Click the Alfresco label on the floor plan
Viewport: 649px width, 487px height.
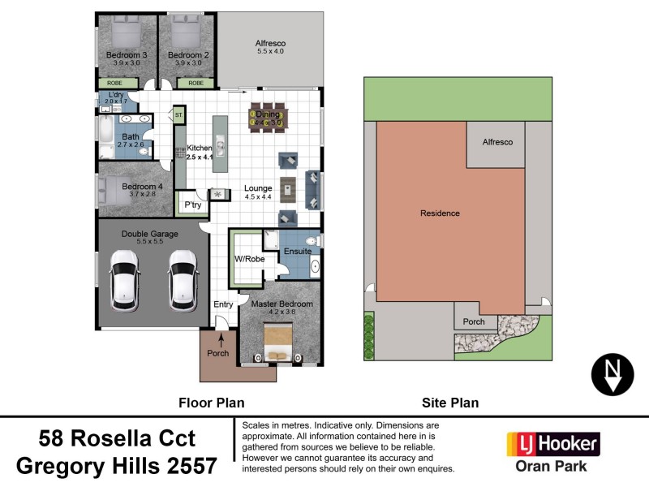271,43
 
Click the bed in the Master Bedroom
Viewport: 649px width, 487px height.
276,342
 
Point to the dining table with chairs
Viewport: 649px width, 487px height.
268,114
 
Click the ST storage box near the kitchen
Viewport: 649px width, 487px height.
178,116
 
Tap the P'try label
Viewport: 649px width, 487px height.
192,205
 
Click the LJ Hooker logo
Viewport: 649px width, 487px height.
553,444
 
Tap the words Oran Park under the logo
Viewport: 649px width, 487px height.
552,466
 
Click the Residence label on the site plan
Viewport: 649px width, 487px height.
440,213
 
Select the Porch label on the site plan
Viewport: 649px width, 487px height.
474,321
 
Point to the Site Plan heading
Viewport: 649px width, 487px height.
450,402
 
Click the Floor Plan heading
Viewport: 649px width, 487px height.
211,402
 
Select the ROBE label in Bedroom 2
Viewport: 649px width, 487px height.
196,83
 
